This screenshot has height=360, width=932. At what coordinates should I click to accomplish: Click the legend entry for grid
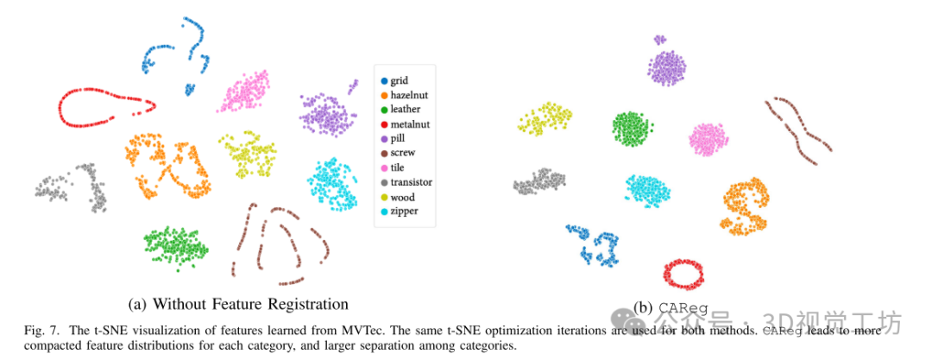(399, 80)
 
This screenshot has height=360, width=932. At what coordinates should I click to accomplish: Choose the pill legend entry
(398, 138)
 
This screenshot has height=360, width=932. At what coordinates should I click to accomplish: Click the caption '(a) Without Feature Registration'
(237, 304)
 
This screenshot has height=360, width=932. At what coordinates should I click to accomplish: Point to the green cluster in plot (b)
(631, 128)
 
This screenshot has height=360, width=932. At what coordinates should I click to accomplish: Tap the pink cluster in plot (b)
(708, 139)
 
